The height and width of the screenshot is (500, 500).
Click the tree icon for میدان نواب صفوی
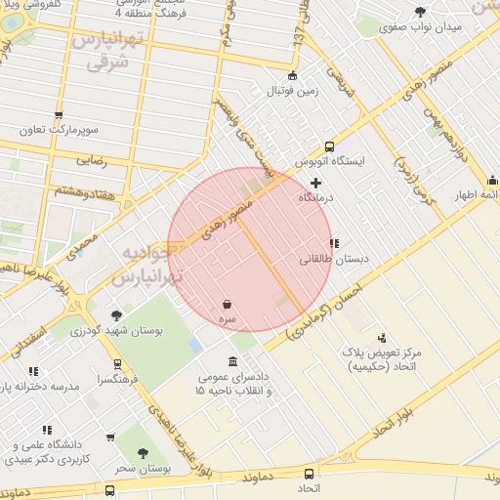(421, 12)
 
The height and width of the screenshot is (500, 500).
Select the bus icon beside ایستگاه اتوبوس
(329, 146)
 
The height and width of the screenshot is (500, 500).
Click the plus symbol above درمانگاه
(315, 183)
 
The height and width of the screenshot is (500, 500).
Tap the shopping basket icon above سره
(227, 305)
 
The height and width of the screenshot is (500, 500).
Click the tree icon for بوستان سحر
(144, 453)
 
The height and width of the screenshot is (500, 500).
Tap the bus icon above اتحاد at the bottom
(308, 474)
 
